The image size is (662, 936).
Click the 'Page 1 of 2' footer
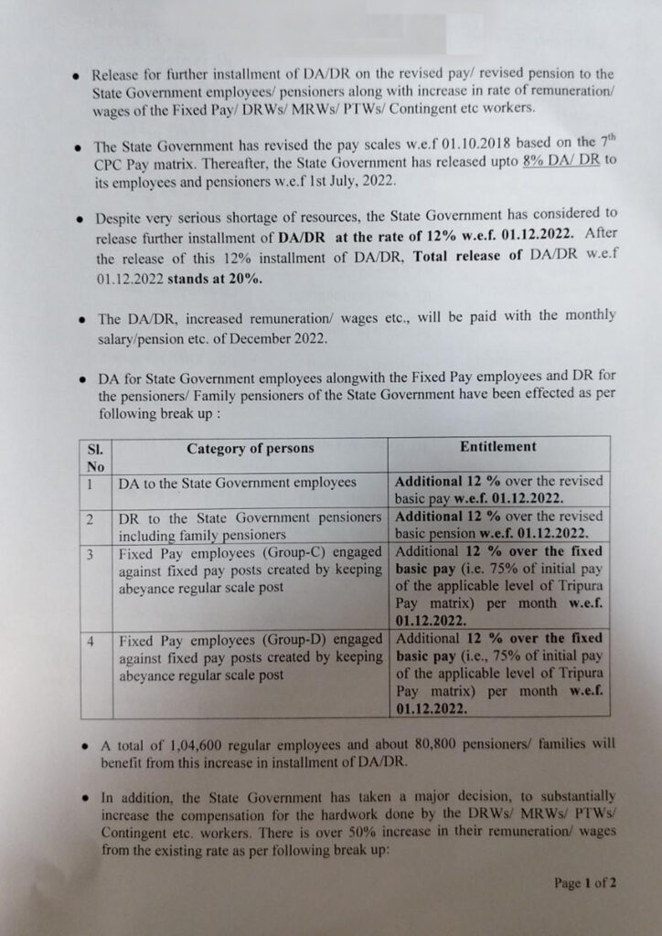point(585,883)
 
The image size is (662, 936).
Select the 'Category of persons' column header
point(250,448)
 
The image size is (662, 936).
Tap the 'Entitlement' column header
point(497,447)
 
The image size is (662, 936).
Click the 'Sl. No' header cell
point(95,457)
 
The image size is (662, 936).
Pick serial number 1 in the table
point(91,482)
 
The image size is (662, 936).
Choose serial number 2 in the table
point(91,517)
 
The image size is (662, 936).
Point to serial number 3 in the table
point(91,552)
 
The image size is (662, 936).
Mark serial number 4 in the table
point(91,639)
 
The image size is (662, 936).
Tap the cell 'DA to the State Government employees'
point(238,482)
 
